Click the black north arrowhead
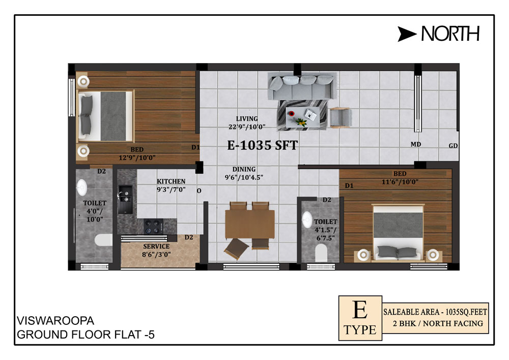point(406,34)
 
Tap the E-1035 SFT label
point(262,145)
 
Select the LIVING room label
point(247,119)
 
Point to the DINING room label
point(244,169)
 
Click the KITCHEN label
point(171,181)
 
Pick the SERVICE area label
point(156,246)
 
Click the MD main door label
point(415,144)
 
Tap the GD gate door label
point(453,146)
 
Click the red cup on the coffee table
point(292,113)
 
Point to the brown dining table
point(250,225)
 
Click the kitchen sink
point(125,199)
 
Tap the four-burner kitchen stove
point(153,226)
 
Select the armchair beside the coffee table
point(341,117)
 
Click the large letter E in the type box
point(360,310)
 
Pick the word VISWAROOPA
point(55,321)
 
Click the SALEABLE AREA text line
point(435,312)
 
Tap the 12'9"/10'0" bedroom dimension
point(137,158)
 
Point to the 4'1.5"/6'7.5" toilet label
point(326,234)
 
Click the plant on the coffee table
point(301,122)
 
